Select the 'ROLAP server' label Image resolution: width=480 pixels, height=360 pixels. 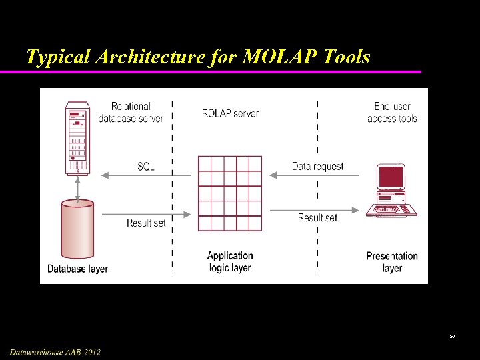pyautogui.click(x=230, y=113)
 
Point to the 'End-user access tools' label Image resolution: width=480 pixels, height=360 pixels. pyautogui.click(x=392, y=112)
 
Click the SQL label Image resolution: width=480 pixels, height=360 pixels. pyautogui.click(x=146, y=166)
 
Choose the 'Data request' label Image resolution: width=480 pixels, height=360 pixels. pyautogui.click(x=318, y=166)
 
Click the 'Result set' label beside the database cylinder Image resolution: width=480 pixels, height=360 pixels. pyautogui.click(x=146, y=223)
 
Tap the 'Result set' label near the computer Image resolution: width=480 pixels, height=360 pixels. pyautogui.click(x=317, y=217)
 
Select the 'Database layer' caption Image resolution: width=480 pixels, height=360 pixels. pyautogui.click(x=77, y=269)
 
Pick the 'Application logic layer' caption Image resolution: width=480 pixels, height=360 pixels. pyautogui.click(x=230, y=261)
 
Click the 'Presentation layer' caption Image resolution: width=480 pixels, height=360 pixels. pyautogui.click(x=392, y=261)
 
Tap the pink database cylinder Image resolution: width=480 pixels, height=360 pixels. pyautogui.click(x=77, y=229)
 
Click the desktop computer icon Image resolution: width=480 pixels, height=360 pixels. pyautogui.click(x=391, y=190)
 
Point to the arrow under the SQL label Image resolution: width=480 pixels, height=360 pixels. pyautogui.click(x=146, y=175)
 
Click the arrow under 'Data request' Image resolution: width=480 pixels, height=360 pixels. pyautogui.click(x=313, y=175)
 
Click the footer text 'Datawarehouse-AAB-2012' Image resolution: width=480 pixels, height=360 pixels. pyautogui.click(x=55, y=351)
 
